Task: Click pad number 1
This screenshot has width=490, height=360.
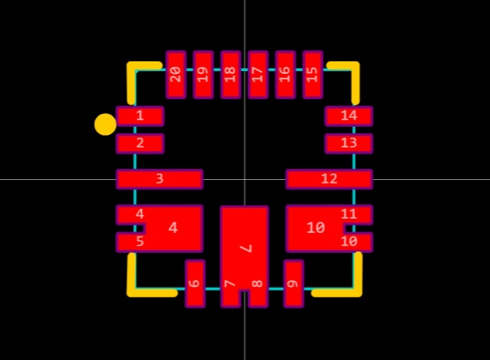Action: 139,116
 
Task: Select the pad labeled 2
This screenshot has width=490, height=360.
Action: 139,143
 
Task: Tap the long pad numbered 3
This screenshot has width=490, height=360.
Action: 159,179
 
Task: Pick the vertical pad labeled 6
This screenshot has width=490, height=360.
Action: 195,283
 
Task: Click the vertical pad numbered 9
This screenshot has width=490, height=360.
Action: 293,283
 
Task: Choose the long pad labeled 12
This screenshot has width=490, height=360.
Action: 329,179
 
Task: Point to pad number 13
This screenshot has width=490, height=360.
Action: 349,143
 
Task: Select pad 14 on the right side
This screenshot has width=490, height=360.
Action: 349,116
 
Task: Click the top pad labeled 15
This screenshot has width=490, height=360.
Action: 313,75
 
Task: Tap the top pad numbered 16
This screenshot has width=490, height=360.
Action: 285,75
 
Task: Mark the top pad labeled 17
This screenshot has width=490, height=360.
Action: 258,75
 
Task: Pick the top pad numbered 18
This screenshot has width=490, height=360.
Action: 231,75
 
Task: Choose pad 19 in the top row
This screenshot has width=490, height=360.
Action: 203,75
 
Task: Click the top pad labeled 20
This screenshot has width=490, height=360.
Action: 176,75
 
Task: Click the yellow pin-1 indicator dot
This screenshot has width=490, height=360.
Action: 105,124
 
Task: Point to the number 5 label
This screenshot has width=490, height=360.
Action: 140,241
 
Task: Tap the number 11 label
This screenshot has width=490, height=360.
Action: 349,214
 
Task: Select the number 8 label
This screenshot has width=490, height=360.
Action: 257,283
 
